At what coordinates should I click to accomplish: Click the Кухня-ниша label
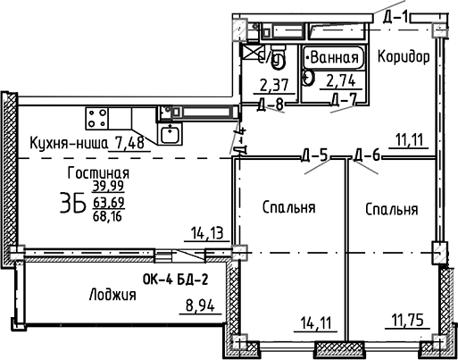69,143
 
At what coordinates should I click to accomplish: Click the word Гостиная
99,172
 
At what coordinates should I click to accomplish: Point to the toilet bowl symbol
278,61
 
